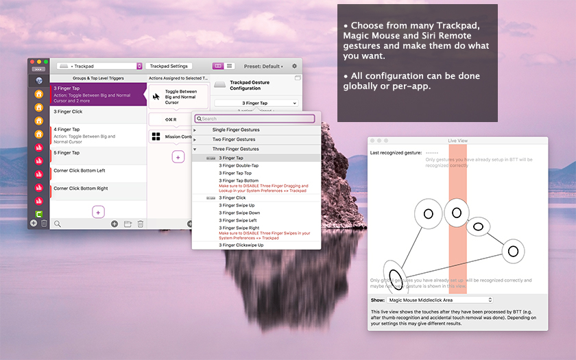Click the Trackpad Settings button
click(169, 67)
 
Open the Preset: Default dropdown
click(264, 67)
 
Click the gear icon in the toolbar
click(295, 67)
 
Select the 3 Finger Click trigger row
click(97, 111)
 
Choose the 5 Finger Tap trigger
click(97, 153)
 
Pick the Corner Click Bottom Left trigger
click(97, 170)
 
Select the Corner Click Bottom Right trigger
click(97, 188)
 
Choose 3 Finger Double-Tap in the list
click(239, 166)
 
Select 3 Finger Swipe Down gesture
click(239, 213)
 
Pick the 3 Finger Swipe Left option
click(238, 220)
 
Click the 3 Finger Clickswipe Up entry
click(241, 245)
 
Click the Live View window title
click(457, 141)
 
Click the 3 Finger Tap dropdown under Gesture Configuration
click(255, 103)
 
